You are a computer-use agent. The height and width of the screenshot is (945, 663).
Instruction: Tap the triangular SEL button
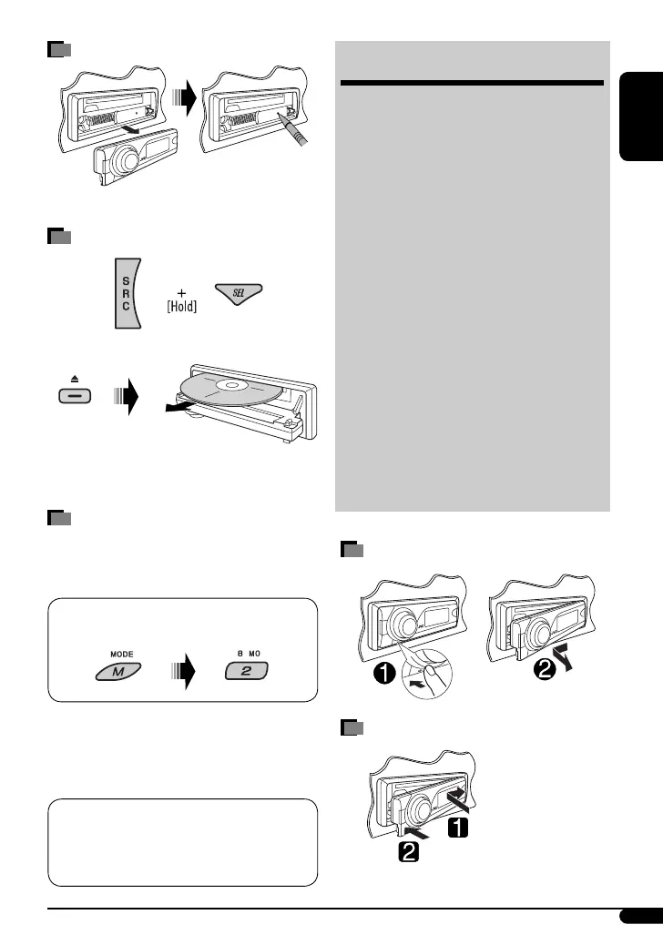click(x=237, y=292)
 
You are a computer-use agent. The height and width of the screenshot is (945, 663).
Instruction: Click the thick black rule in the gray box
click(x=472, y=85)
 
